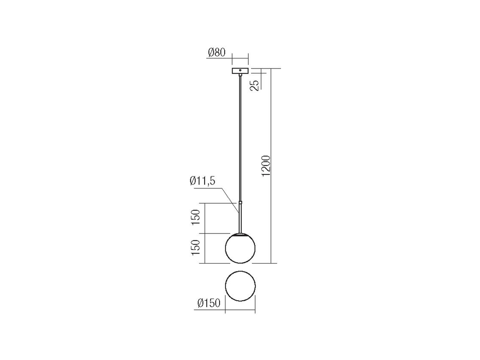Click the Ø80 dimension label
216,52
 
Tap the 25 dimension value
255,85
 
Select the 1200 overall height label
266,166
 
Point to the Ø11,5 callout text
202,181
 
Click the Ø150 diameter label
209,303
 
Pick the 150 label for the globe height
195,248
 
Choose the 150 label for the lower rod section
195,217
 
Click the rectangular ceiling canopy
240,71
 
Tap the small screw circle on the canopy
240,70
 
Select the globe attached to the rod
240,248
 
